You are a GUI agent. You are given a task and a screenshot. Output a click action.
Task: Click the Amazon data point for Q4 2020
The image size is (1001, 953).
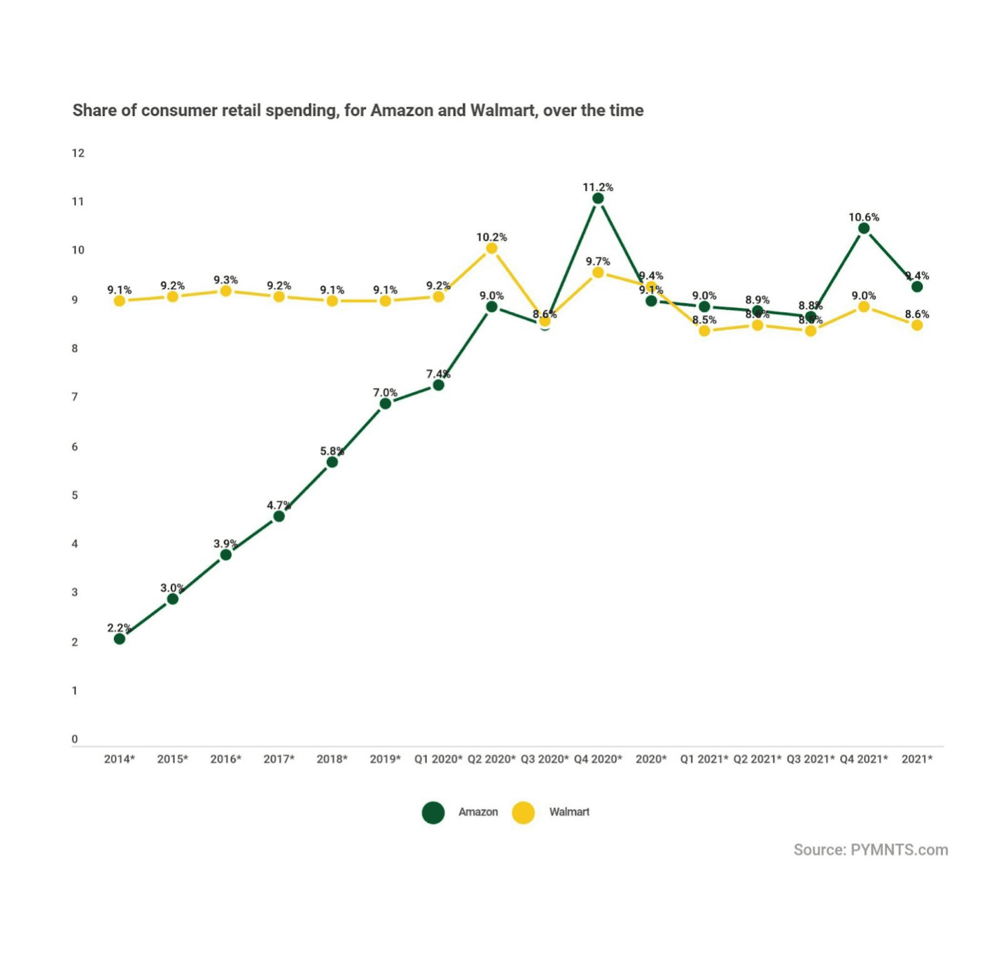(598, 199)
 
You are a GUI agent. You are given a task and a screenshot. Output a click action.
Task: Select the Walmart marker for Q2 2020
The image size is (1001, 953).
(491, 248)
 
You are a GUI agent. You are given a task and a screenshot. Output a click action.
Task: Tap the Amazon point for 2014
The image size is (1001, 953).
(120, 638)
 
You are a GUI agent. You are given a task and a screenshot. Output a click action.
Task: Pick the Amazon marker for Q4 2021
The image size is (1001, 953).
(864, 228)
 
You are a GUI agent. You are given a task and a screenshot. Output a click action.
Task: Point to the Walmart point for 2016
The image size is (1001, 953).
(225, 291)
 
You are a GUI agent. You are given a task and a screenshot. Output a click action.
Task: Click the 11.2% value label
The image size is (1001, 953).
(598, 187)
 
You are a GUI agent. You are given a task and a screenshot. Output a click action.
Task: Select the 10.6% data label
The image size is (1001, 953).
(864, 217)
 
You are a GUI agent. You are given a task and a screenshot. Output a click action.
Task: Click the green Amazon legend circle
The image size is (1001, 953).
(433, 812)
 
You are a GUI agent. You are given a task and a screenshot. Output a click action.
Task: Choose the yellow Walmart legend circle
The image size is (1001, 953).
(523, 812)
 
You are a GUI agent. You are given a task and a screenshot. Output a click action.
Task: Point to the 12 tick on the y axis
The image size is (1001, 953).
(78, 153)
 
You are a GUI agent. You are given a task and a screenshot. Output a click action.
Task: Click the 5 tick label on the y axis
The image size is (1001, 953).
(75, 495)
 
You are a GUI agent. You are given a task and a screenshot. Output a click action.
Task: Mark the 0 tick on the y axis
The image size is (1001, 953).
(75, 739)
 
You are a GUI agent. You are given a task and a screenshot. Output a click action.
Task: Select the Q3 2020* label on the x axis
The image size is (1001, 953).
(544, 758)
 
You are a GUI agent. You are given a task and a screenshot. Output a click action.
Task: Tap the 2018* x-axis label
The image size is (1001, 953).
(332, 758)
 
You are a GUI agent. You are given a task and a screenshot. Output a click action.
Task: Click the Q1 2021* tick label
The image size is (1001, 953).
(704, 758)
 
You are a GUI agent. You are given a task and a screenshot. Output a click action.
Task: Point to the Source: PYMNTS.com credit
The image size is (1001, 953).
(870, 849)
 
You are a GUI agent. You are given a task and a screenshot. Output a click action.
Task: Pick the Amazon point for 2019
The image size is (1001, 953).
(385, 403)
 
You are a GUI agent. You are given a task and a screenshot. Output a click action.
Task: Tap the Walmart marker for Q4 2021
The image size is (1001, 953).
(864, 306)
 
